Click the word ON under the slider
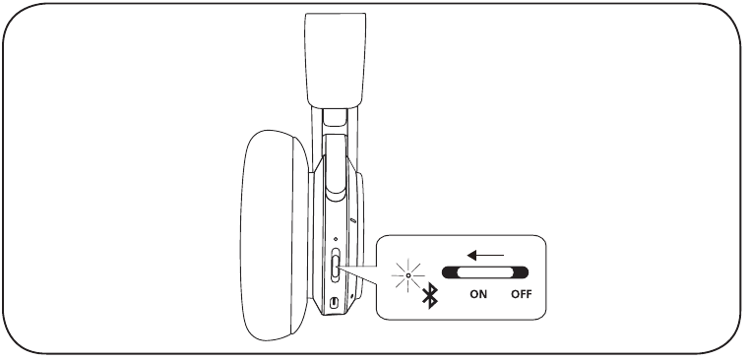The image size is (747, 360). pyautogui.click(x=478, y=294)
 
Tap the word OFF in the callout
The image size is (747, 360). pyautogui.click(x=522, y=294)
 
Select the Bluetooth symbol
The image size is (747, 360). pyautogui.click(x=430, y=295)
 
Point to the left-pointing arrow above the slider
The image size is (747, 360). pyautogui.click(x=485, y=256)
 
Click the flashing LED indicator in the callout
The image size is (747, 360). pyautogui.click(x=408, y=275)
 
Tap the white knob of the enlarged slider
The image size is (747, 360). pyautogui.click(x=482, y=272)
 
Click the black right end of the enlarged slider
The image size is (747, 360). pyautogui.click(x=522, y=272)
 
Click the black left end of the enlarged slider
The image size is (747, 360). pyautogui.click(x=448, y=272)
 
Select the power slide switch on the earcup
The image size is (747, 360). pyautogui.click(x=336, y=266)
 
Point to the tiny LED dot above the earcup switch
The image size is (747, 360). pyautogui.click(x=336, y=239)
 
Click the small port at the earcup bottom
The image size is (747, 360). pyautogui.click(x=334, y=302)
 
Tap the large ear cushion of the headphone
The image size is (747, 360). pyautogui.click(x=274, y=235)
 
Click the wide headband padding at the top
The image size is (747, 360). pyautogui.click(x=336, y=60)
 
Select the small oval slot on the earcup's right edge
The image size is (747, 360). pyautogui.click(x=353, y=220)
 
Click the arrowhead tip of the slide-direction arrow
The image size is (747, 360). pyautogui.click(x=467, y=256)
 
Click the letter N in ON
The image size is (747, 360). pyautogui.click(x=483, y=294)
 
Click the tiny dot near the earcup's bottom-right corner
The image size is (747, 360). pyautogui.click(x=351, y=296)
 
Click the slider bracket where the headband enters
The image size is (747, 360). pyautogui.click(x=334, y=117)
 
